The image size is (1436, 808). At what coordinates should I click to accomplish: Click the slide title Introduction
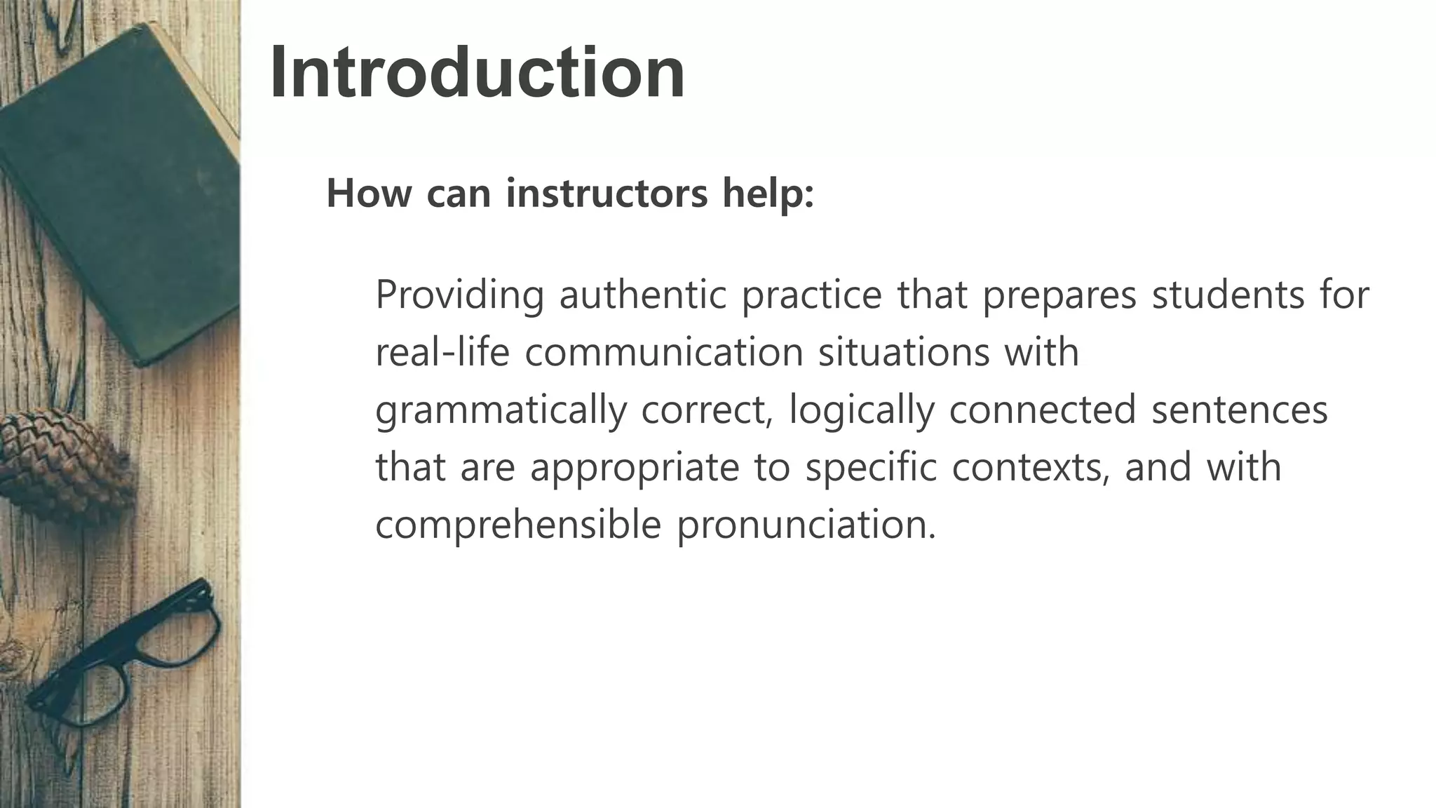477,73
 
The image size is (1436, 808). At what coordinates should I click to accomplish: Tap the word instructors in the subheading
607,194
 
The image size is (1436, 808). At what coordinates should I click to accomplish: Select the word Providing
459,295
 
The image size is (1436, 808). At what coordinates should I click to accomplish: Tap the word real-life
442,352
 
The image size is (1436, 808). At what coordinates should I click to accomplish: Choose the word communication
663,352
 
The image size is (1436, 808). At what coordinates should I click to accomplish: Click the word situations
904,352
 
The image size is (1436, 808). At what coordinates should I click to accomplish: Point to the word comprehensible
518,525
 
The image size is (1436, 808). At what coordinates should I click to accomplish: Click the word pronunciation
806,525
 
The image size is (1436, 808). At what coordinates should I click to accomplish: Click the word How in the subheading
369,194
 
